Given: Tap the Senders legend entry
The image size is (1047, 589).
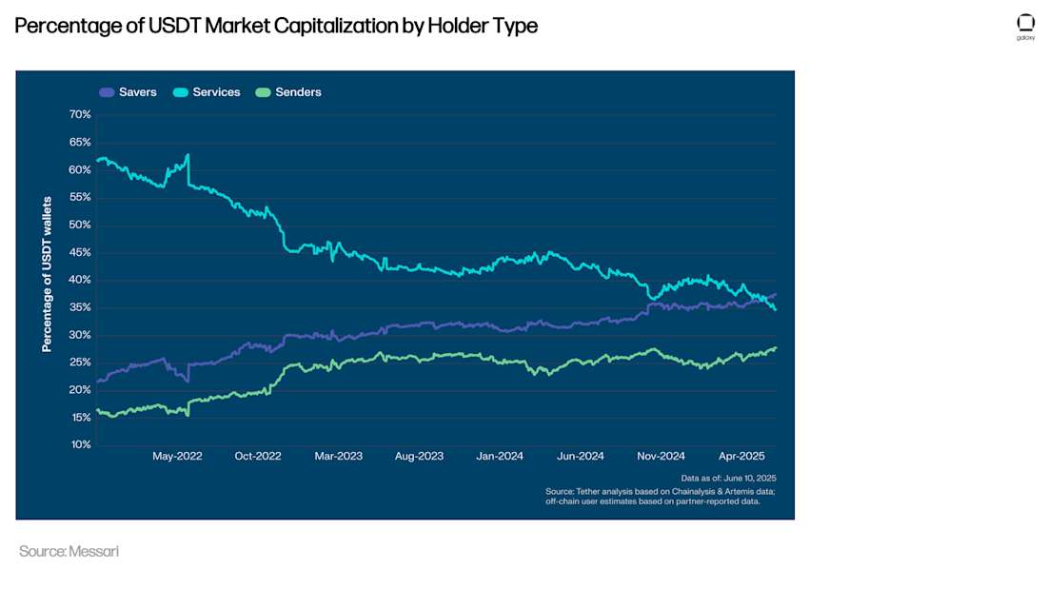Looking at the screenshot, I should coord(289,92).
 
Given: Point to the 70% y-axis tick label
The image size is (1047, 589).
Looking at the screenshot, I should coord(80,114).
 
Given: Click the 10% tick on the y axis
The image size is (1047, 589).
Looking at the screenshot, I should coord(80,445).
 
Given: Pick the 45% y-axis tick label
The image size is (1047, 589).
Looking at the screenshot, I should coord(80,252).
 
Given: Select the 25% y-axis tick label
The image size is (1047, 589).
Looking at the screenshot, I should coord(80,363).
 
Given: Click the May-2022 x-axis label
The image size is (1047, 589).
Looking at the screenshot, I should coord(177,457).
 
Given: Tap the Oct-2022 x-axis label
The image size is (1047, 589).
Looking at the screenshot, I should coord(258,457).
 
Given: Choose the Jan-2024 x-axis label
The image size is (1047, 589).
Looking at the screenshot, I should coord(500,457).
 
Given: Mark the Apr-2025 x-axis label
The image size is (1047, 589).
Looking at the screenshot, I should coord(741,457).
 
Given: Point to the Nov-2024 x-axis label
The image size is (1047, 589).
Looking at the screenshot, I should coord(661,457).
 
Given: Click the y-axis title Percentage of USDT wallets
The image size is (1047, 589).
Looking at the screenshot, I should coord(47,275).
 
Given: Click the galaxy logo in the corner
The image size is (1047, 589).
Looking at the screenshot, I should coord(1025,25).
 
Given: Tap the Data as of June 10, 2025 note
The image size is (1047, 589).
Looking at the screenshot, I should coord(729,478).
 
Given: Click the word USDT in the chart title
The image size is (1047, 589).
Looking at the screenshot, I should coord(174,26).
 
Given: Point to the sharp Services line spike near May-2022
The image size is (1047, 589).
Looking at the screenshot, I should coord(188,155).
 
